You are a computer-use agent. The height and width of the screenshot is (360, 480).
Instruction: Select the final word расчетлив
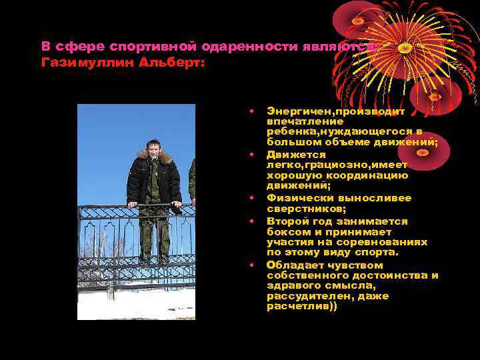pyautogui.click(x=297, y=306)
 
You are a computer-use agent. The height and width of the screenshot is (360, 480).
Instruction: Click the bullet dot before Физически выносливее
pyautogui.click(x=252, y=198)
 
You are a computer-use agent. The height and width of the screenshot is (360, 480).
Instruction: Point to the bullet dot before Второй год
pyautogui.click(x=252, y=221)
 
